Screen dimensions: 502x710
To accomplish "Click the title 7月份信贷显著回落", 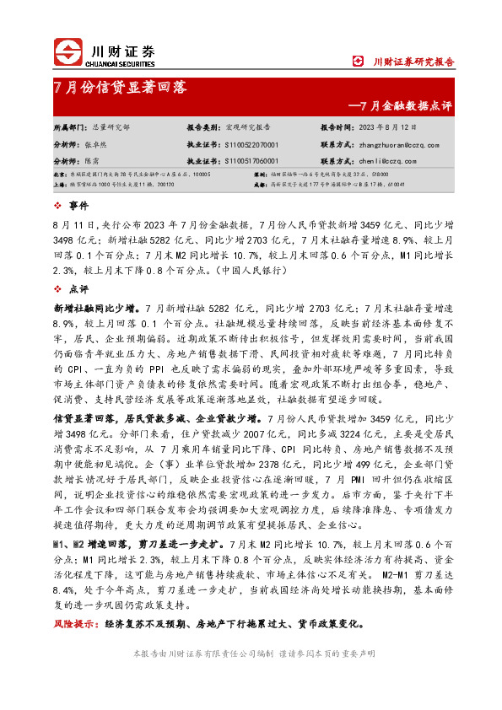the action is coord(120,87).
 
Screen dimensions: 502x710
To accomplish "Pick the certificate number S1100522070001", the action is coord(251,143).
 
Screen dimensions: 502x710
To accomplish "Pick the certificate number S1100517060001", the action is coord(251,159).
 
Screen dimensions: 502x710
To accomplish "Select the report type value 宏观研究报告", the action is coord(248,126).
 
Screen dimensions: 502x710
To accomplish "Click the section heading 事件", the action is coord(78,206).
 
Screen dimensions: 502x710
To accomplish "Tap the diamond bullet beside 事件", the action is coord(57,206).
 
